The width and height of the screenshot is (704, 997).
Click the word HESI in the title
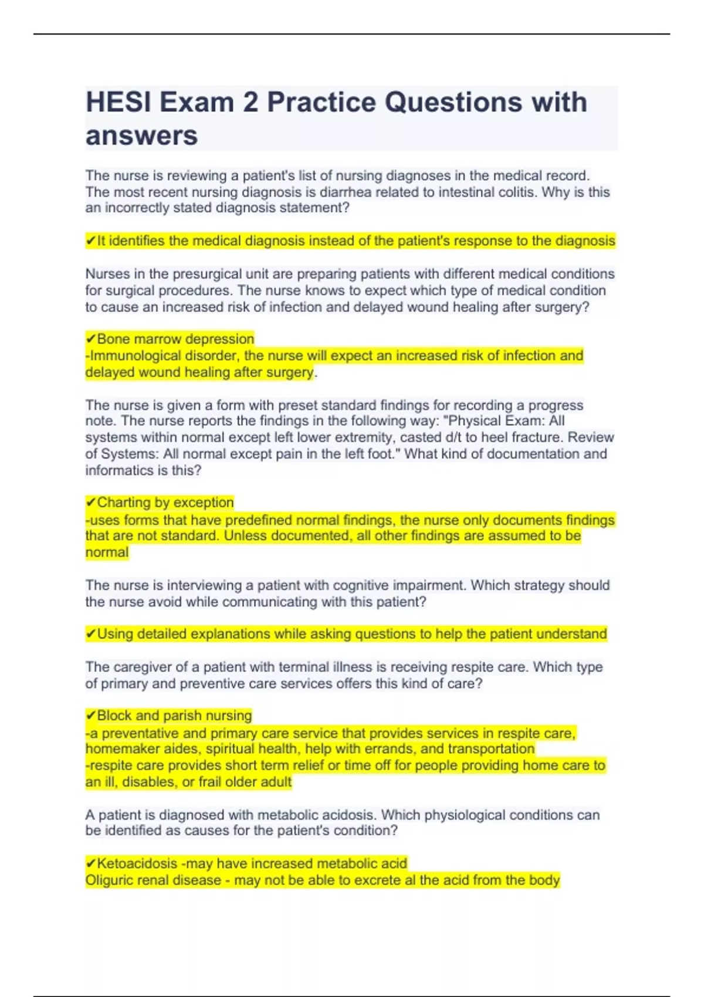click(119, 103)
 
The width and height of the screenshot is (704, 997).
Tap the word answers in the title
click(141, 136)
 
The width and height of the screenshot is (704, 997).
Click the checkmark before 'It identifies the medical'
click(90, 241)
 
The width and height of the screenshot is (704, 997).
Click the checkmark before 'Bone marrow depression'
click(90, 339)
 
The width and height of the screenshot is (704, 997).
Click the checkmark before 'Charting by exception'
click(90, 503)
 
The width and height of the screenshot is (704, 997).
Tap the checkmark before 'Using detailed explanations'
click(90, 634)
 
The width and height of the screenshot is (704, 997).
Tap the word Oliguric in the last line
click(110, 880)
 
